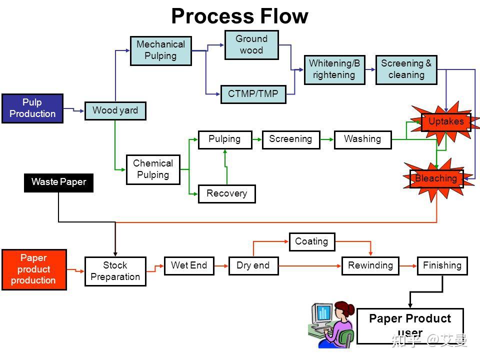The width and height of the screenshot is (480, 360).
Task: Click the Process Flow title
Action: click(239, 16)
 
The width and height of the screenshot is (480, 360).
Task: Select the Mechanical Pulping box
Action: click(160, 50)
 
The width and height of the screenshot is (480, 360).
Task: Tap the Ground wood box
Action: click(251, 44)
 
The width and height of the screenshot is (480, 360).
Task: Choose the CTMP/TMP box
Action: click(253, 94)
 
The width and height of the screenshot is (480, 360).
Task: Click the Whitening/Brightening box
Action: click(334, 69)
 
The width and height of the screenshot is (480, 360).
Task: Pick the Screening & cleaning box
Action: click(406, 69)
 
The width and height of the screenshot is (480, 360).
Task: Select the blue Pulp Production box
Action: click(32, 108)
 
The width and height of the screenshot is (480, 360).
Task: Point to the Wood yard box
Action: click(115, 110)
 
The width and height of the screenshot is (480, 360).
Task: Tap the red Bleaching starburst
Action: click(436, 178)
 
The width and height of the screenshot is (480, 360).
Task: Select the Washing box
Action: click(362, 139)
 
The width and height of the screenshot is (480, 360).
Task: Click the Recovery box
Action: click(226, 193)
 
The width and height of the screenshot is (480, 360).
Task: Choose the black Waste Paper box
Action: click(58, 182)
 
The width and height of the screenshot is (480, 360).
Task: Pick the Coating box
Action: click(311, 241)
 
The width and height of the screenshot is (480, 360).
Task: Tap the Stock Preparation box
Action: click(115, 271)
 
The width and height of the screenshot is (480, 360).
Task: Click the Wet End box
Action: click(188, 265)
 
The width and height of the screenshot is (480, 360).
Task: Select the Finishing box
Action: click(442, 265)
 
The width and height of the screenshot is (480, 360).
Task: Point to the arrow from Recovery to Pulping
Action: click(226, 167)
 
